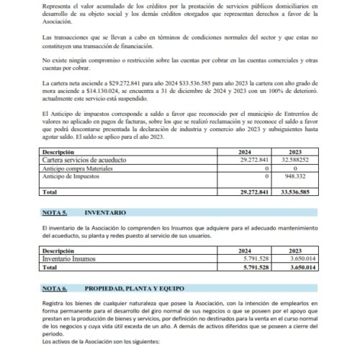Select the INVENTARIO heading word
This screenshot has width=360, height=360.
point(105,214)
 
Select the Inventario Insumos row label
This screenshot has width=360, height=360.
point(71,258)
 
